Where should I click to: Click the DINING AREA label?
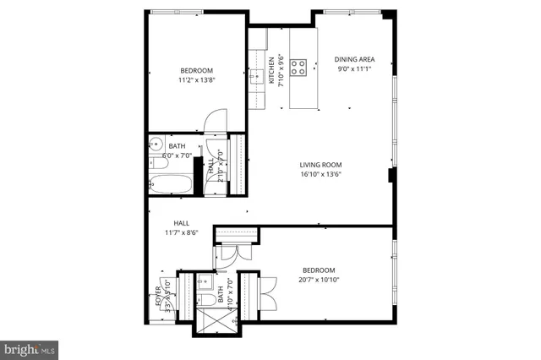355,59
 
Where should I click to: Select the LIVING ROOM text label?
320,165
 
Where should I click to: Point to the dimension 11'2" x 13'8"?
195,80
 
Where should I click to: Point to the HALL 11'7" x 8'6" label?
181,228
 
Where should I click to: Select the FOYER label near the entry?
158,299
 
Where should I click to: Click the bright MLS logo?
30,347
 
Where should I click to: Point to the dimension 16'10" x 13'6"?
320,175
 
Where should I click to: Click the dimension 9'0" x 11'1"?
355,69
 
